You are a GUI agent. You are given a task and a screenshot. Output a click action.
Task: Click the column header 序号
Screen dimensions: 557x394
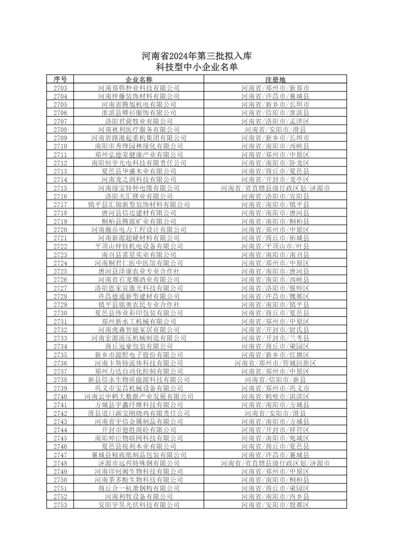pos(60,79)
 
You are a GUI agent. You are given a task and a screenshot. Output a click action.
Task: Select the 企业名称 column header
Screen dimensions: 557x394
pos(139,79)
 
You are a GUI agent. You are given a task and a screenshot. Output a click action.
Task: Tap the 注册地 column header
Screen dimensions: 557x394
pos(275,79)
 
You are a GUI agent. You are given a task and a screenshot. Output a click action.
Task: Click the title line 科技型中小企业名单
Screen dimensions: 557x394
pos(196,67)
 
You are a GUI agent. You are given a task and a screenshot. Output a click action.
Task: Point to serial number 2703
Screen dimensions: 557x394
pos(60,88)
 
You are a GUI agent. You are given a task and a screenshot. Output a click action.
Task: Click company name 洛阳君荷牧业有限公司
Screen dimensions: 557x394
pos(139,121)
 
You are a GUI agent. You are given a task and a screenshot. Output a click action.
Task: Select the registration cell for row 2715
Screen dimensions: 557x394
pos(275,188)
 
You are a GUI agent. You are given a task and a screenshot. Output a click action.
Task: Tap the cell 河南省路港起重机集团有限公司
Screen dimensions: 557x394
pos(139,138)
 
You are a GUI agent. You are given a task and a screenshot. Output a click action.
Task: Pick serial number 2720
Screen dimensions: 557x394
pos(60,230)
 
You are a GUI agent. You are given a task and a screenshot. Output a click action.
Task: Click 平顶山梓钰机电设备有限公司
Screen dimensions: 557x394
pos(139,246)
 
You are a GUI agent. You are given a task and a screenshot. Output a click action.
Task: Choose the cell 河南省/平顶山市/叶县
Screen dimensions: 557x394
pos(275,246)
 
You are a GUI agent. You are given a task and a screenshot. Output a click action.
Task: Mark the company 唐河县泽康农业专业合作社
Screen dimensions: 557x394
pos(139,271)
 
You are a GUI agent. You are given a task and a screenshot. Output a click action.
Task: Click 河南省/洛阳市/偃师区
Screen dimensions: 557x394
pos(275,288)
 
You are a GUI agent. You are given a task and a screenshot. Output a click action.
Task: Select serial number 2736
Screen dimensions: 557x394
pos(60,363)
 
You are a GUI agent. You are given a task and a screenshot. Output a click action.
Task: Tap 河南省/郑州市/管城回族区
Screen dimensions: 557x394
pos(275,363)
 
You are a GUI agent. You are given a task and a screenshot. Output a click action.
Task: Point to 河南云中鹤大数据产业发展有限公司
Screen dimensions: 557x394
pos(139,397)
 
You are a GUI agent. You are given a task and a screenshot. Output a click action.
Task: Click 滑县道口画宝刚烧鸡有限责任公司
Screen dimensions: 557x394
pos(139,413)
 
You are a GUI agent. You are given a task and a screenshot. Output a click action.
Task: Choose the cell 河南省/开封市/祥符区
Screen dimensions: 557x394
pos(275,430)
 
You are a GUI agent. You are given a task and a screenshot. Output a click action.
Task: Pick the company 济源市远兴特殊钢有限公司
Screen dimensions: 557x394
pos(139,463)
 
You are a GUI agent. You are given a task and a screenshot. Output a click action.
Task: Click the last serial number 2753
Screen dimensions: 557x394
pos(60,505)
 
